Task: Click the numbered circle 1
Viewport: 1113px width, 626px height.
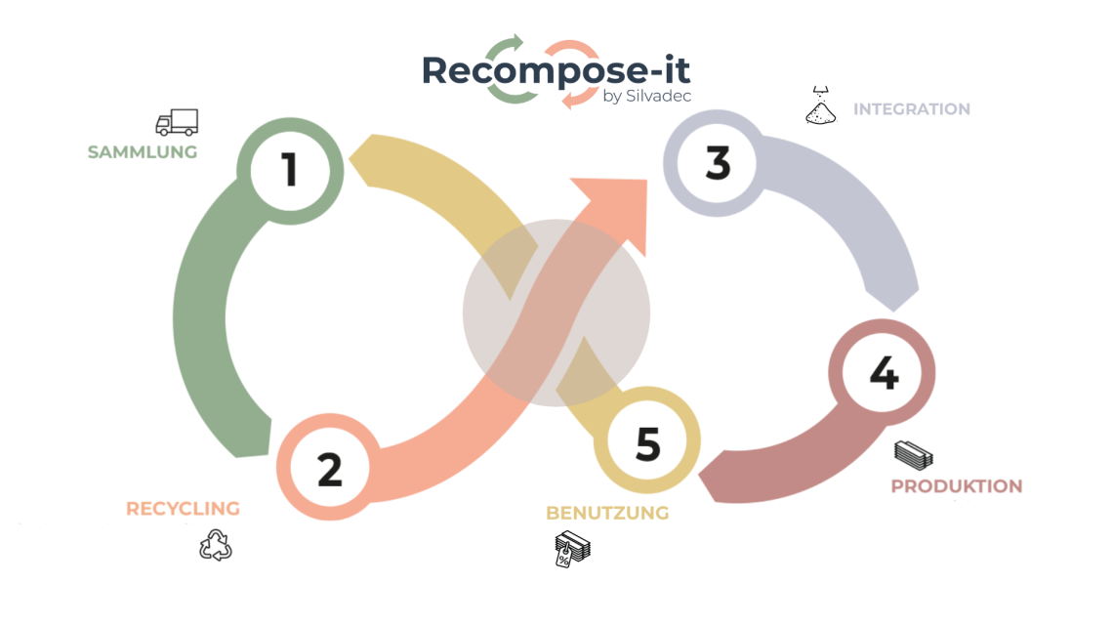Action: (290, 170)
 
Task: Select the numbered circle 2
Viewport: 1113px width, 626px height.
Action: (329, 469)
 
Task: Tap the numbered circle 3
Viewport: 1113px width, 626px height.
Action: (718, 163)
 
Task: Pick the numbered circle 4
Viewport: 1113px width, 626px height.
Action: (883, 373)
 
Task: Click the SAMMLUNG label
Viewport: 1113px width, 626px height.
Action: (143, 152)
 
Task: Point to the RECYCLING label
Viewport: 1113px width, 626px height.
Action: (183, 509)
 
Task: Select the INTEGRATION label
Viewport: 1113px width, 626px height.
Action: (912, 109)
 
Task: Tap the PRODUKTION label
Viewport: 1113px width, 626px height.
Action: (957, 486)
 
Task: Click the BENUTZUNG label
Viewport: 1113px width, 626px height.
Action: (607, 513)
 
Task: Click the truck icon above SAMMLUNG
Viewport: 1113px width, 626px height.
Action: (177, 122)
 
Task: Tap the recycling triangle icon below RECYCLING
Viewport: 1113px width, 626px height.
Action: (216, 545)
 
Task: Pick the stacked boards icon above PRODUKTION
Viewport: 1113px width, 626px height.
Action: (914, 454)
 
